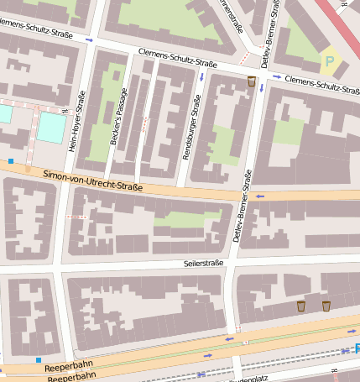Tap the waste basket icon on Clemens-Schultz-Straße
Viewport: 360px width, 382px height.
pos(251,81)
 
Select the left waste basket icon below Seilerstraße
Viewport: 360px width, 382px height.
pos(300,306)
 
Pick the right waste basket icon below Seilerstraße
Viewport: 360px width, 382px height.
pos(326,306)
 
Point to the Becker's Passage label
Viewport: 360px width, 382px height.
pos(117,118)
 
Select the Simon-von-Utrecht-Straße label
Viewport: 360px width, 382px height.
pos(92,180)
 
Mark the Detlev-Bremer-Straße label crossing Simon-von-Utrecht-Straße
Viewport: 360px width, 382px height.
pos(242,207)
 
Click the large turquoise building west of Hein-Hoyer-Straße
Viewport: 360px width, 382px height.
pos(51,127)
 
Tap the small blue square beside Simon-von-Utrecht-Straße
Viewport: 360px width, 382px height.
pos(11,160)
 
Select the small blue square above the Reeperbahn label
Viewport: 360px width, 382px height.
pos(38,360)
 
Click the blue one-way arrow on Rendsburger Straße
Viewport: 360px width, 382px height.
pos(202,77)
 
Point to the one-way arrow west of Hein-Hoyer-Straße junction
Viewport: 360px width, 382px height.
pos(90,39)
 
